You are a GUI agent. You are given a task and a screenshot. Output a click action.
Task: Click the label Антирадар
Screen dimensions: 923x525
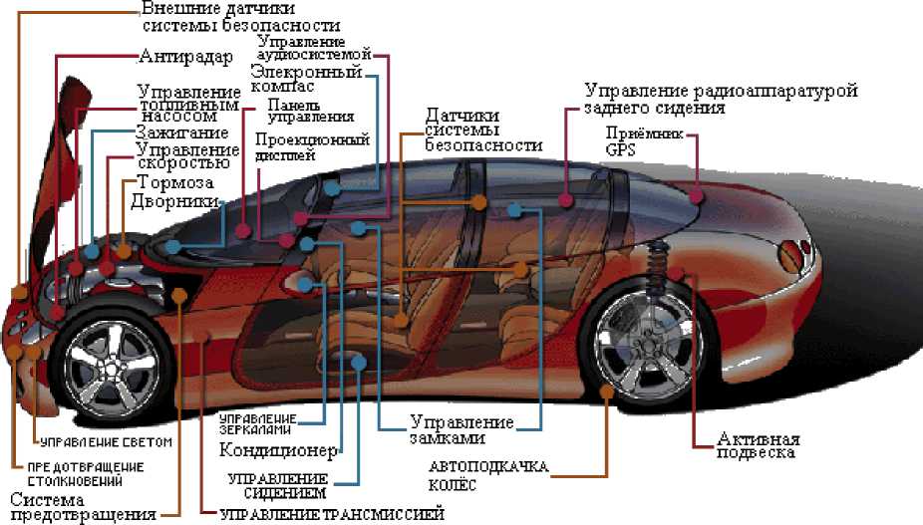[x=184, y=57]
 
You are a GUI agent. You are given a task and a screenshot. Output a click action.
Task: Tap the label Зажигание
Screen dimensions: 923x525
[x=181, y=132]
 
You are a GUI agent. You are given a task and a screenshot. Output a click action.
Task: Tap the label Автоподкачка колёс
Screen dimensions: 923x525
[x=480, y=475]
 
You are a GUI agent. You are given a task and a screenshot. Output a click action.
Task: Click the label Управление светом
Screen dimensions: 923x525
[x=105, y=440]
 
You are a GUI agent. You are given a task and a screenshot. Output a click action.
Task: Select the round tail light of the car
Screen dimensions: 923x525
[x=793, y=252]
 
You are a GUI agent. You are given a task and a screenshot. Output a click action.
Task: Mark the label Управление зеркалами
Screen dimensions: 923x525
[x=256, y=422]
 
